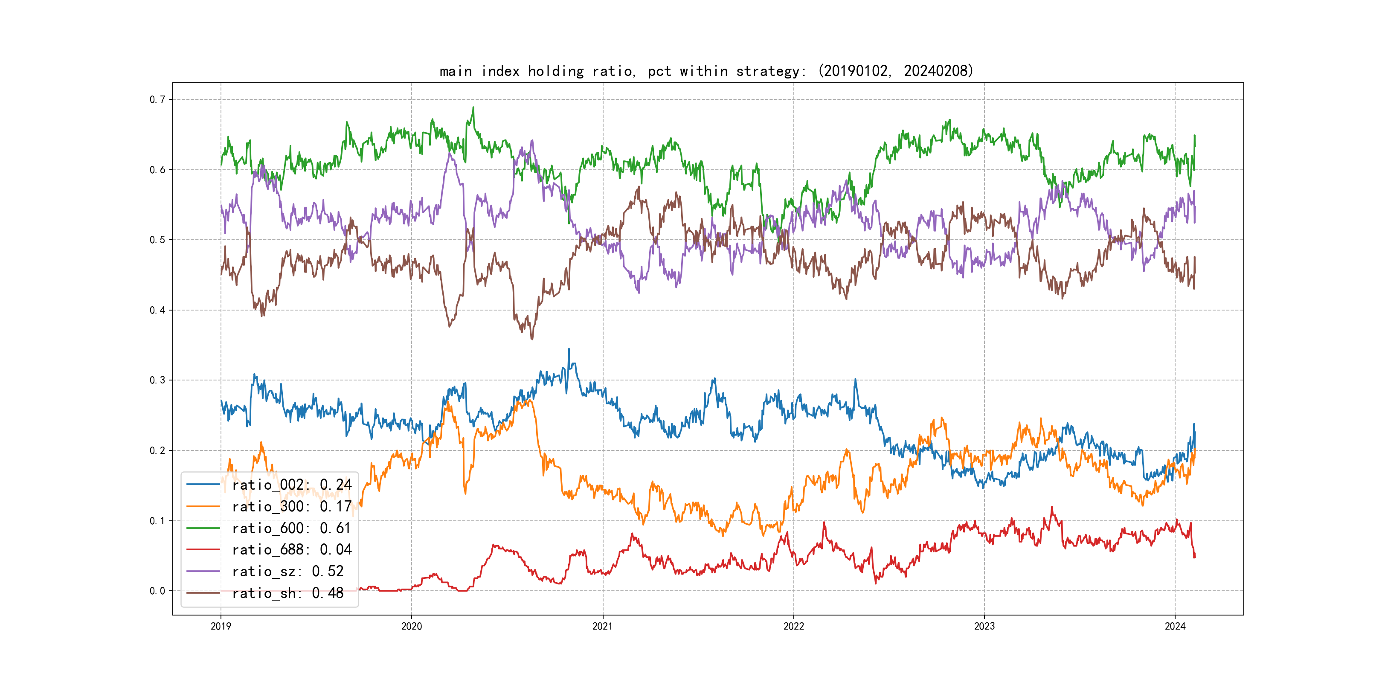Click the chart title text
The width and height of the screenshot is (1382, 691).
[706, 71]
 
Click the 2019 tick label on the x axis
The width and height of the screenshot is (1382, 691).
[221, 626]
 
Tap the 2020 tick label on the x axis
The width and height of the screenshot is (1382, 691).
[412, 626]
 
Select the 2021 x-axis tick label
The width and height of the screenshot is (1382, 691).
[602, 626]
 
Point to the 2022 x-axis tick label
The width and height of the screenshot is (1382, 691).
[793, 626]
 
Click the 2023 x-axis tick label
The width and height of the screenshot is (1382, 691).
[984, 626]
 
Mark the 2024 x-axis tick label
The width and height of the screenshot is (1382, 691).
[1175, 626]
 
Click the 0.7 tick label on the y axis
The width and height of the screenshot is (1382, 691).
[157, 99]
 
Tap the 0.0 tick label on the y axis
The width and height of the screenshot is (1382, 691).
[157, 591]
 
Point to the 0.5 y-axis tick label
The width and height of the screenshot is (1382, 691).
[157, 240]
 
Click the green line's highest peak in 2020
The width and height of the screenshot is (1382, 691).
[473, 107]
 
